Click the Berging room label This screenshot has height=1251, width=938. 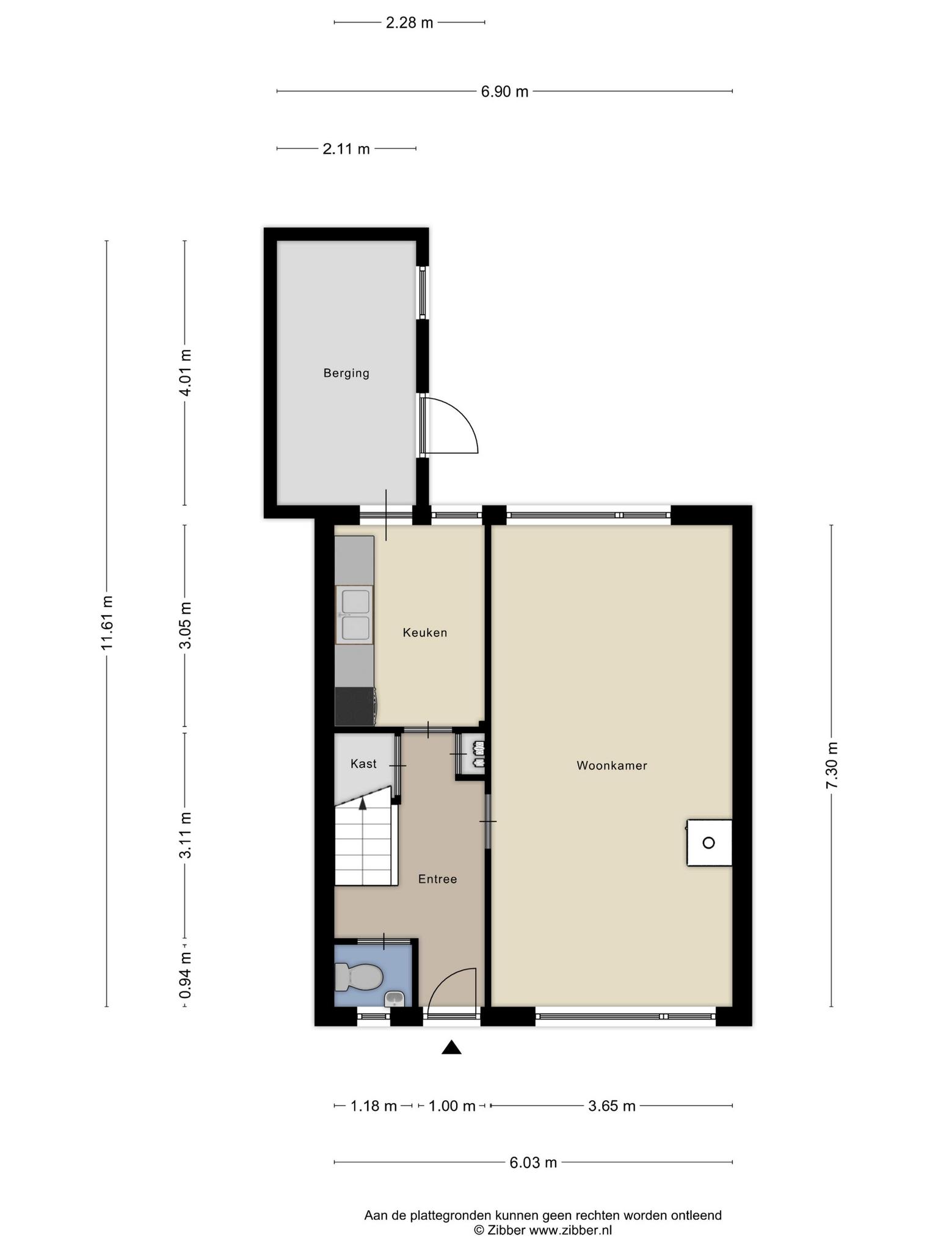click(x=346, y=373)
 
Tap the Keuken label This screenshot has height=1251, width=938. click(x=425, y=633)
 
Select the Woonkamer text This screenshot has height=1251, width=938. click(x=612, y=765)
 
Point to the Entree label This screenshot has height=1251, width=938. click(x=437, y=879)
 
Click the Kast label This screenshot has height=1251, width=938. click(x=363, y=764)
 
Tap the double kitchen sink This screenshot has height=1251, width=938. click(x=354, y=615)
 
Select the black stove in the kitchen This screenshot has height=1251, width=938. click(x=355, y=707)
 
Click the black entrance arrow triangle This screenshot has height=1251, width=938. click(x=451, y=1048)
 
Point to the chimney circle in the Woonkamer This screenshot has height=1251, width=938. click(x=708, y=843)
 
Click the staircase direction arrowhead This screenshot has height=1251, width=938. click(x=363, y=803)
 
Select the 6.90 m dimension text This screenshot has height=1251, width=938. click(x=504, y=92)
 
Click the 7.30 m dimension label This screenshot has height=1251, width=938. click(x=832, y=765)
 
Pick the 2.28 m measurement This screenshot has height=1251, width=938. click(x=409, y=23)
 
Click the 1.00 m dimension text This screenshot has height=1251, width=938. click(x=452, y=1106)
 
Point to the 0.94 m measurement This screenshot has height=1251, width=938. click(x=185, y=976)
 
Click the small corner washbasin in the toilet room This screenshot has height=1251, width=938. click(x=394, y=999)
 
